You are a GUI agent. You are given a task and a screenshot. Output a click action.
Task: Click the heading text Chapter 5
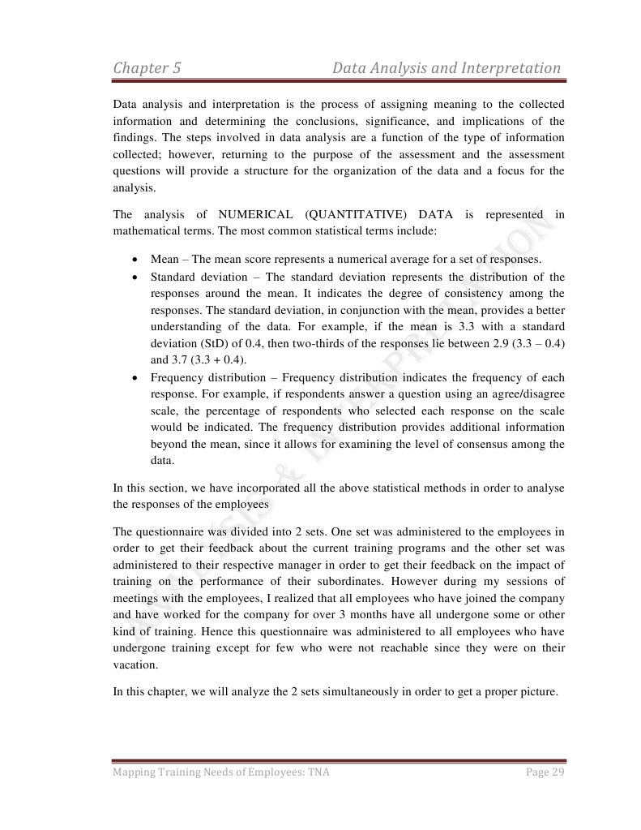pyautogui.click(x=147, y=68)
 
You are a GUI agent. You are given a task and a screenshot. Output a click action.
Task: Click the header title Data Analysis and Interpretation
pyautogui.click(x=447, y=68)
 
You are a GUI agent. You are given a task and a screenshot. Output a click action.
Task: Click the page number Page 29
pyautogui.click(x=545, y=772)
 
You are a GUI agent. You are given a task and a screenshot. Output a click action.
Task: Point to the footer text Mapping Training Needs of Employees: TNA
pyautogui.click(x=221, y=772)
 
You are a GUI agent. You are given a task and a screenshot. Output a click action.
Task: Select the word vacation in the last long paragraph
pyautogui.click(x=135, y=664)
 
